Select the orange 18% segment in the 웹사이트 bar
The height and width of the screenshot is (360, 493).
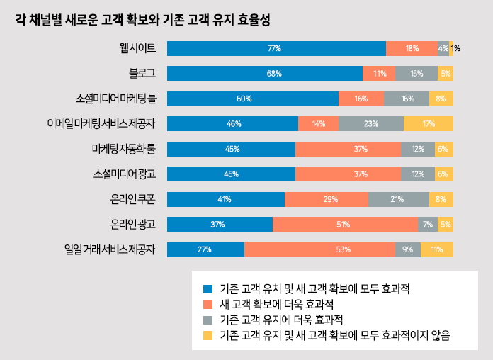412,48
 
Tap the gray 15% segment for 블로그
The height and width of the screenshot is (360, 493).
416,74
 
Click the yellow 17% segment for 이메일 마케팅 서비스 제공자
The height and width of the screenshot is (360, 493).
428,124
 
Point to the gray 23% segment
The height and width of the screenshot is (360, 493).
370,124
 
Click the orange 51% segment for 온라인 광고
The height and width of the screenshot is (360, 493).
345,225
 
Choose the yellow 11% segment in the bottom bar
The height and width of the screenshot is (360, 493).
436,249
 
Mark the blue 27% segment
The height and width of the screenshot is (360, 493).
205,249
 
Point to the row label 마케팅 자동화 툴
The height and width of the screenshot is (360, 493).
124,149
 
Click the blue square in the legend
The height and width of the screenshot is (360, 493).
208,289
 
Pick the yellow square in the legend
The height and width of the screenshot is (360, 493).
208,334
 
